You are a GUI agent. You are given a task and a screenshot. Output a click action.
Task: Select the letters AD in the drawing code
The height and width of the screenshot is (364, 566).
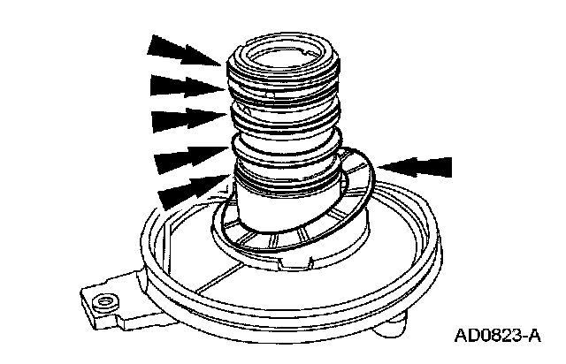[x=465, y=336]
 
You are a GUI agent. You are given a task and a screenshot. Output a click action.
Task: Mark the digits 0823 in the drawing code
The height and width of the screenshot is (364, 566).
[x=501, y=336]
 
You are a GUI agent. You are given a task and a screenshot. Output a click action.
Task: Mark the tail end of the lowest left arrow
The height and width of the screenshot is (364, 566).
[x=160, y=198]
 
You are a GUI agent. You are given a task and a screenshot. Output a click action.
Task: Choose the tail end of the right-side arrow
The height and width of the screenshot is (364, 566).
[x=451, y=165]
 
